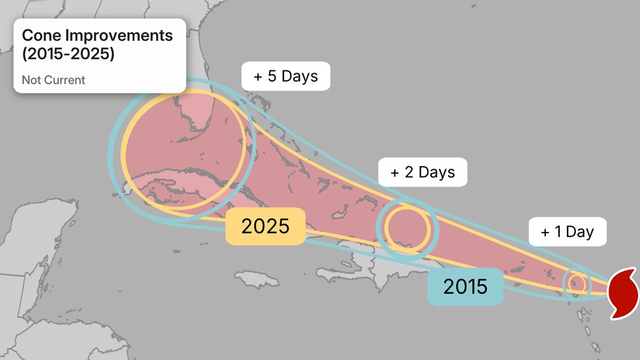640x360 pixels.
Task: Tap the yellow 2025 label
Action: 265,226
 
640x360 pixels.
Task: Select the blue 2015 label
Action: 466,286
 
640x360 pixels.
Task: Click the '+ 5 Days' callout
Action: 285,76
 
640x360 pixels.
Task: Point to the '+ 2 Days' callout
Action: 423,172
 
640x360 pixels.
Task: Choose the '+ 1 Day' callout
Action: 567,231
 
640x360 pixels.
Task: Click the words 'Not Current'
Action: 54,80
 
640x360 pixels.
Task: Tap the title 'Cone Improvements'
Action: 97,35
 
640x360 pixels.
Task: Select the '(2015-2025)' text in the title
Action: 68,54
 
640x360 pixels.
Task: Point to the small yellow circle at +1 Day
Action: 577,283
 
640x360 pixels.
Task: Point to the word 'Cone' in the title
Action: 41,35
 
